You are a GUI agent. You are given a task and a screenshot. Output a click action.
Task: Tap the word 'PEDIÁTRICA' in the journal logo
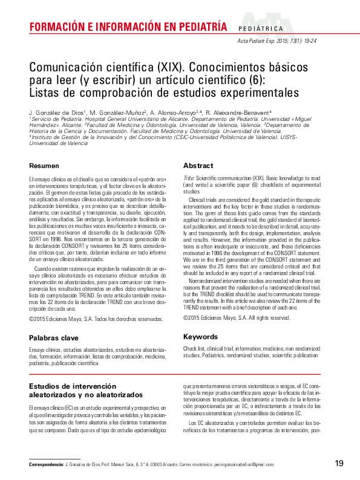tap(261, 28)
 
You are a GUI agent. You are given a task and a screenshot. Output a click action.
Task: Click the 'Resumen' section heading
tap(44, 166)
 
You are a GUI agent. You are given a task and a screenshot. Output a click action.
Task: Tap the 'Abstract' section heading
tap(198, 166)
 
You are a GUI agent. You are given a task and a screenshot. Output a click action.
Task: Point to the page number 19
tap(339, 464)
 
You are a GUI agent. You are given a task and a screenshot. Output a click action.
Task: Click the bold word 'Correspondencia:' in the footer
tap(47, 464)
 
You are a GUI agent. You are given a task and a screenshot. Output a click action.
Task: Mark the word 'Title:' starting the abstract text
tap(189, 179)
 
